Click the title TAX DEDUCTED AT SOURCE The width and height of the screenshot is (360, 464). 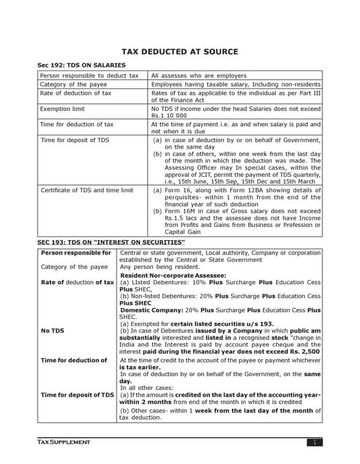(x=179, y=51)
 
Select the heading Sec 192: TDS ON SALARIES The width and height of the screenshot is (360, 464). (x=81, y=65)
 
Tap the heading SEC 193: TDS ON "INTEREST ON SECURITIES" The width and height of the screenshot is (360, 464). (x=111, y=241)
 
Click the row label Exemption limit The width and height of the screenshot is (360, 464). (x=62, y=109)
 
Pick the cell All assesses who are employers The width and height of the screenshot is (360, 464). (x=198, y=75)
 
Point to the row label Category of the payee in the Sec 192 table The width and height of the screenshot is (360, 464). (x=74, y=84)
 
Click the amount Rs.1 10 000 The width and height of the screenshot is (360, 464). (x=168, y=116)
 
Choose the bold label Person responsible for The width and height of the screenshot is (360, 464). (x=76, y=252)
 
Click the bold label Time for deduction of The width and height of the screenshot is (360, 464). (x=74, y=360)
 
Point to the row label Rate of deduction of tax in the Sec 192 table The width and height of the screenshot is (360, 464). (x=76, y=93)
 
